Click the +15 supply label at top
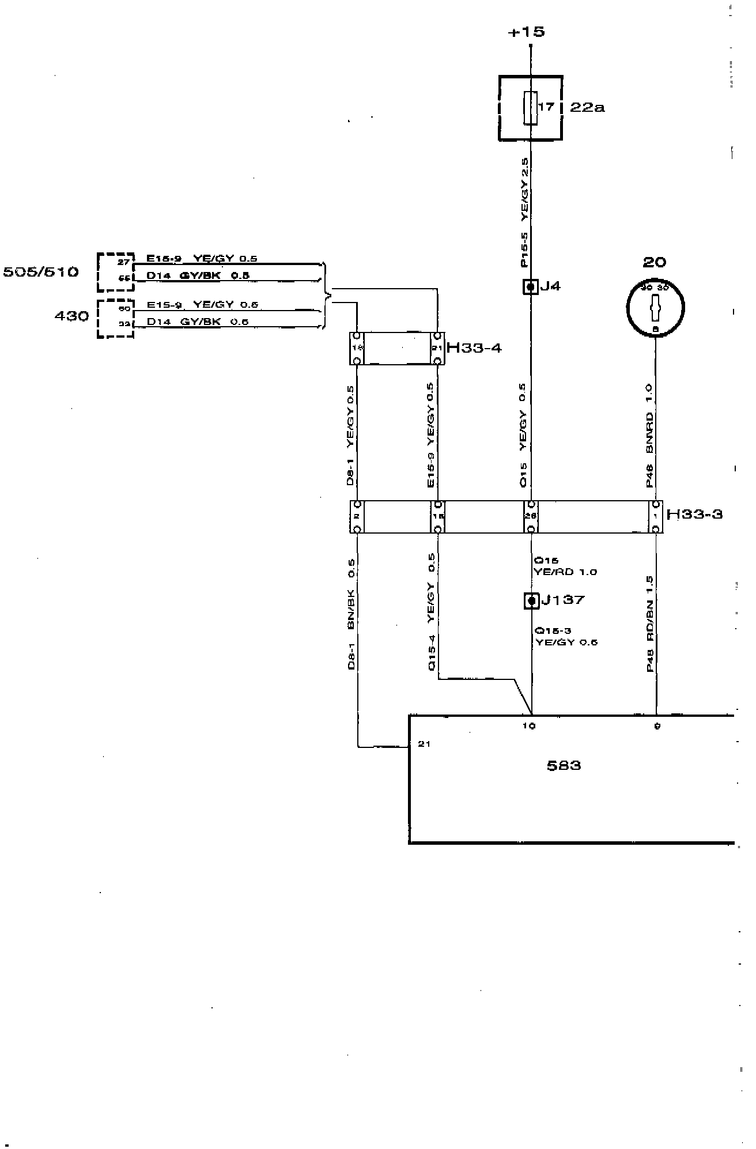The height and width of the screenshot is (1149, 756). click(x=526, y=32)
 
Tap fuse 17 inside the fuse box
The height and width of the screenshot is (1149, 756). click(x=531, y=107)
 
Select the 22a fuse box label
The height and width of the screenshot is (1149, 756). click(x=587, y=107)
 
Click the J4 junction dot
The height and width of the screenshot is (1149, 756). click(x=531, y=286)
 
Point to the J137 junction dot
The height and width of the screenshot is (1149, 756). click(x=531, y=600)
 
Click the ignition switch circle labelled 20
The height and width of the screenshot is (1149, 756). click(x=655, y=307)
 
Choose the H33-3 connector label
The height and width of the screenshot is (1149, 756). click(x=694, y=514)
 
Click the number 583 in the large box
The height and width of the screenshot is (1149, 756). click(x=564, y=766)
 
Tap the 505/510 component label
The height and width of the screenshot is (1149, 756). click(x=41, y=272)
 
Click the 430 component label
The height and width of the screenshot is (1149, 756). click(x=71, y=316)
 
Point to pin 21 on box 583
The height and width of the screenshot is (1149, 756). click(x=424, y=744)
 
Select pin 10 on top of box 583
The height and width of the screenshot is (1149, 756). click(x=529, y=726)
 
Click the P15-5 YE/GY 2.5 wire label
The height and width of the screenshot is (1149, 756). click(x=524, y=213)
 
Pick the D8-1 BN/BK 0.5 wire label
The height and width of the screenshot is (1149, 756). click(x=351, y=614)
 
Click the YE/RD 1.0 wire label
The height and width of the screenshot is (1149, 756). click(x=565, y=572)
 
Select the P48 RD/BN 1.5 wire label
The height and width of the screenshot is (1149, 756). click(x=649, y=623)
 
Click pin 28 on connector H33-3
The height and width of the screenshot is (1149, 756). click(x=530, y=516)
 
